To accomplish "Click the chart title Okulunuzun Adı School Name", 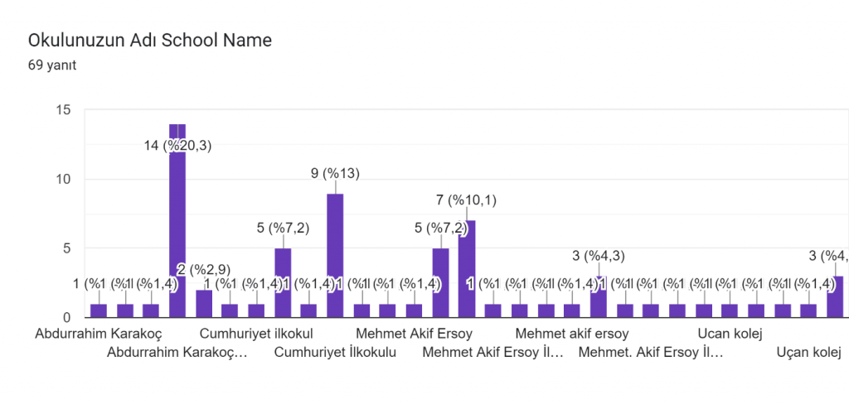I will (150, 40).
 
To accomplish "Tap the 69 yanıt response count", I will (52, 65).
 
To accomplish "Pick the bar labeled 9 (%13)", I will (335, 257).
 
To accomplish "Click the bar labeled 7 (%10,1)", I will (466, 269).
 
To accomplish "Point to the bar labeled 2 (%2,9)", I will (204, 303).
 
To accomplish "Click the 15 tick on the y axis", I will (64, 110).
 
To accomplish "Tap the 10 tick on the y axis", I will (64, 180).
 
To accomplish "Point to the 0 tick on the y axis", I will (67, 318).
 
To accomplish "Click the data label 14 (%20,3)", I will (176, 146).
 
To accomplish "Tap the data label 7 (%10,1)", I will (467, 200).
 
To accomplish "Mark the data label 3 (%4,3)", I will (598, 256).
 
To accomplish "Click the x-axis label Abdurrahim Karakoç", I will (99, 334).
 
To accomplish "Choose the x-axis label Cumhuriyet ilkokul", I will (256, 334).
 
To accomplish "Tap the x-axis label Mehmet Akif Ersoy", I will (414, 334).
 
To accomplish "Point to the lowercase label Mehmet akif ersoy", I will (572, 334).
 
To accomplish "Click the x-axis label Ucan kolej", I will (730, 334).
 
